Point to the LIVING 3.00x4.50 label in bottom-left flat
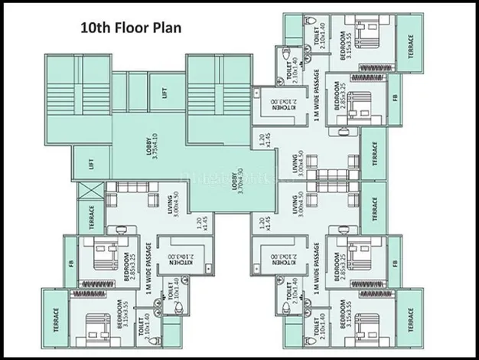(x=174, y=207)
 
